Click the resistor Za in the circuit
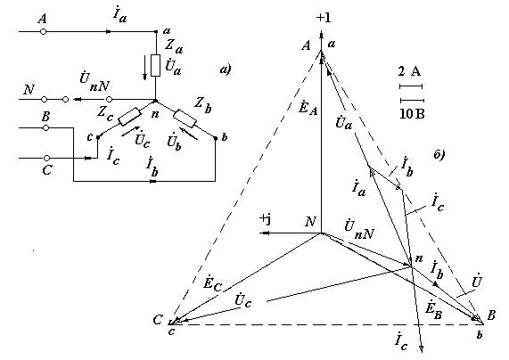[x=156, y=65]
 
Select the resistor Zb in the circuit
[x=185, y=119]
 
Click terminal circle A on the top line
[x=43, y=31]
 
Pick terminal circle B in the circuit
[x=46, y=128]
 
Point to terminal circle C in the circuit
[x=46, y=158]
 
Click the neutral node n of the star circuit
[x=155, y=101]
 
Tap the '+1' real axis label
[x=324, y=18]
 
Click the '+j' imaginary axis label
[x=266, y=219]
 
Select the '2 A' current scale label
[x=410, y=70]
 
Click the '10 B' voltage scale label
[x=412, y=114]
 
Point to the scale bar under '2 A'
[x=411, y=86]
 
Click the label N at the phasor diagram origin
[x=310, y=221]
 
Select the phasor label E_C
[x=213, y=283]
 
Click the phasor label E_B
[x=434, y=311]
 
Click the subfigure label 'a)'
[x=226, y=70]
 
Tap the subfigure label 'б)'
[x=439, y=154]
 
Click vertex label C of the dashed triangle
[x=158, y=320]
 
